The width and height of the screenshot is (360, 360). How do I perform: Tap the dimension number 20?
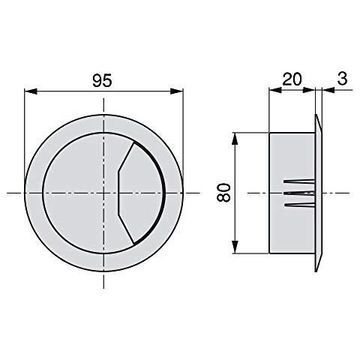[291, 78]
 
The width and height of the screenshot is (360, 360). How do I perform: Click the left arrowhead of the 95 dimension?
[29, 92]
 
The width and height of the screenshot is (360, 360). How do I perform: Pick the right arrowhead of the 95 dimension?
[180, 92]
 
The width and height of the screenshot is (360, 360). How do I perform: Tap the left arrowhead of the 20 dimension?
[273, 90]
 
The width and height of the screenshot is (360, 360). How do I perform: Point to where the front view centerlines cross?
[104, 193]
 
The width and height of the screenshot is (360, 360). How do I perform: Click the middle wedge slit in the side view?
[298, 193]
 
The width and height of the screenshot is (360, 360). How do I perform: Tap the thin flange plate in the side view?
[319, 193]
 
